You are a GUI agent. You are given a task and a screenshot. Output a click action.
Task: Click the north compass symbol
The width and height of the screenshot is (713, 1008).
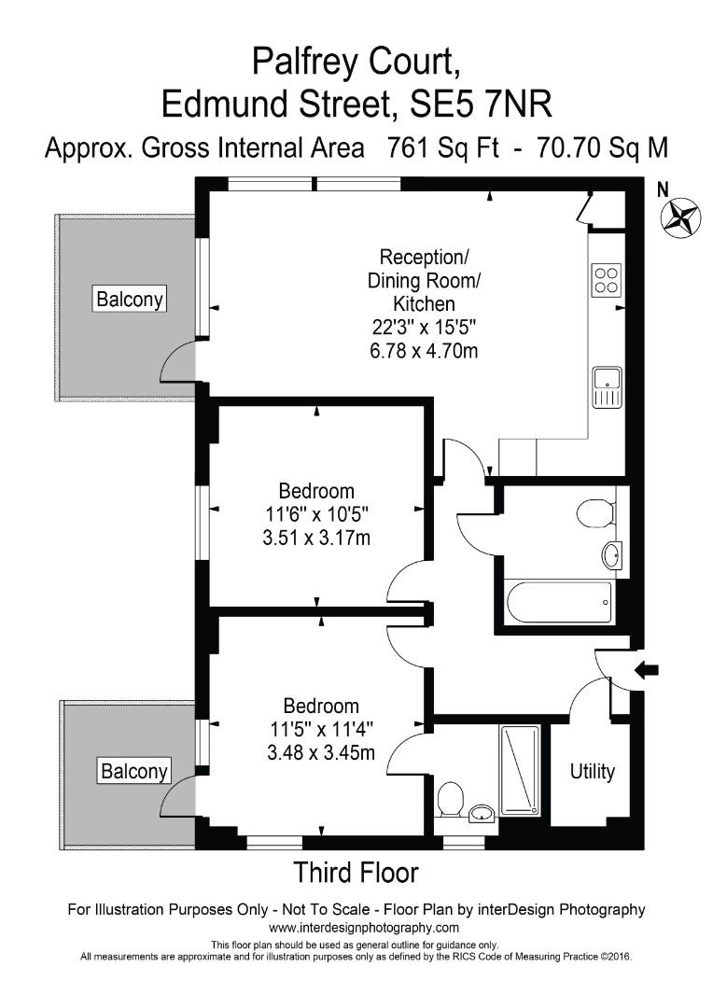(x=680, y=217)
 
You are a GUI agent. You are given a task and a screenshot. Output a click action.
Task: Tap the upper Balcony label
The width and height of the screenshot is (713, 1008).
(x=131, y=300)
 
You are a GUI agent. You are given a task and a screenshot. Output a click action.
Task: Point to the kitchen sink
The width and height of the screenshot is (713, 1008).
(x=607, y=388)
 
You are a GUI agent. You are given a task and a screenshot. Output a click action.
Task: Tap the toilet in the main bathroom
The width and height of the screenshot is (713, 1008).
(x=595, y=512)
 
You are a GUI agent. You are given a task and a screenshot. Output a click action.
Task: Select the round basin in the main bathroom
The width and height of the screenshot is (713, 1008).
(x=612, y=555)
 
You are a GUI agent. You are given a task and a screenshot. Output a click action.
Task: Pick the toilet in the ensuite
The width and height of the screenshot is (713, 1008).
(x=450, y=798)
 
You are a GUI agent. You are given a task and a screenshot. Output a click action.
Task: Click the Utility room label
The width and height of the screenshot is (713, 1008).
(x=593, y=772)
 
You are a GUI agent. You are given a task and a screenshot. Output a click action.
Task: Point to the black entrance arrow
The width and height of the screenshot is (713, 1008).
(x=647, y=668)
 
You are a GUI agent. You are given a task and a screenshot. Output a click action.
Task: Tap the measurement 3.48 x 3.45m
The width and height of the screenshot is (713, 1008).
(x=322, y=752)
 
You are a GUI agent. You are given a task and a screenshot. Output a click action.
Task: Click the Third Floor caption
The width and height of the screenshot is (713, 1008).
(x=356, y=874)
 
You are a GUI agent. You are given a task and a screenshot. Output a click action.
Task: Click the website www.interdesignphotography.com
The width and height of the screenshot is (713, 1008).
(x=364, y=928)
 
